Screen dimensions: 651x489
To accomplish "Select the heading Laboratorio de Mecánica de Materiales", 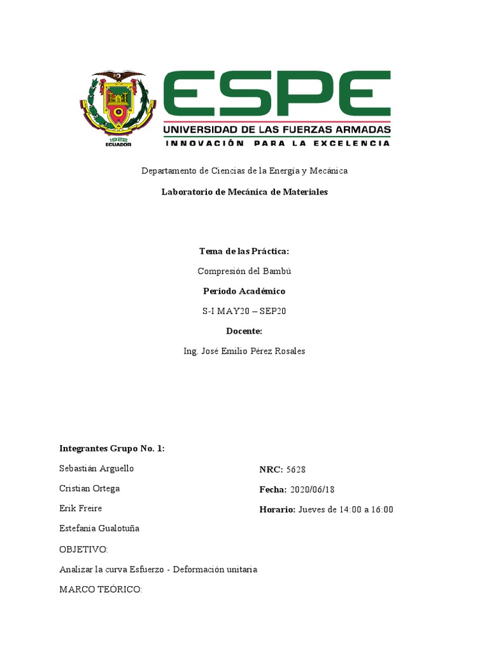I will click(x=244, y=192).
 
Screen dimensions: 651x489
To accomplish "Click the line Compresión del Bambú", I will click(x=244, y=271).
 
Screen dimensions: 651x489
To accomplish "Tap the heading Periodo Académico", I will click(x=244, y=291).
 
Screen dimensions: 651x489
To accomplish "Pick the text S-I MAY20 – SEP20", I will click(x=244, y=311).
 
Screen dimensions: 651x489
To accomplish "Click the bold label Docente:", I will click(x=244, y=331).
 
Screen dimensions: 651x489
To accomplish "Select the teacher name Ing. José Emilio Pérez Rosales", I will click(x=244, y=351).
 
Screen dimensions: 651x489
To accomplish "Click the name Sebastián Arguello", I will click(x=97, y=469).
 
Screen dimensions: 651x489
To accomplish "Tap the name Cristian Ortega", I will click(x=90, y=488).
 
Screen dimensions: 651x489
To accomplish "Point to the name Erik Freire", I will click(x=81, y=508).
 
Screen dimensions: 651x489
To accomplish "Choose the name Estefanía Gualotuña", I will click(x=99, y=528).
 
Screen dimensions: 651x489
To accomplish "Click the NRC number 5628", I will click(x=295, y=470).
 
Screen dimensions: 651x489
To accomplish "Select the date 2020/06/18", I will click(x=312, y=490).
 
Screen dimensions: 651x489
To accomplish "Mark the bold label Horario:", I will click(x=278, y=509).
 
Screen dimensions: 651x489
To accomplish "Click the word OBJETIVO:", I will click(x=83, y=549).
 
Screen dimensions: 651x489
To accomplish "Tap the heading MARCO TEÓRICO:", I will click(x=101, y=589).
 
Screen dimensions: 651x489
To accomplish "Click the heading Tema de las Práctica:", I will click(x=244, y=251).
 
